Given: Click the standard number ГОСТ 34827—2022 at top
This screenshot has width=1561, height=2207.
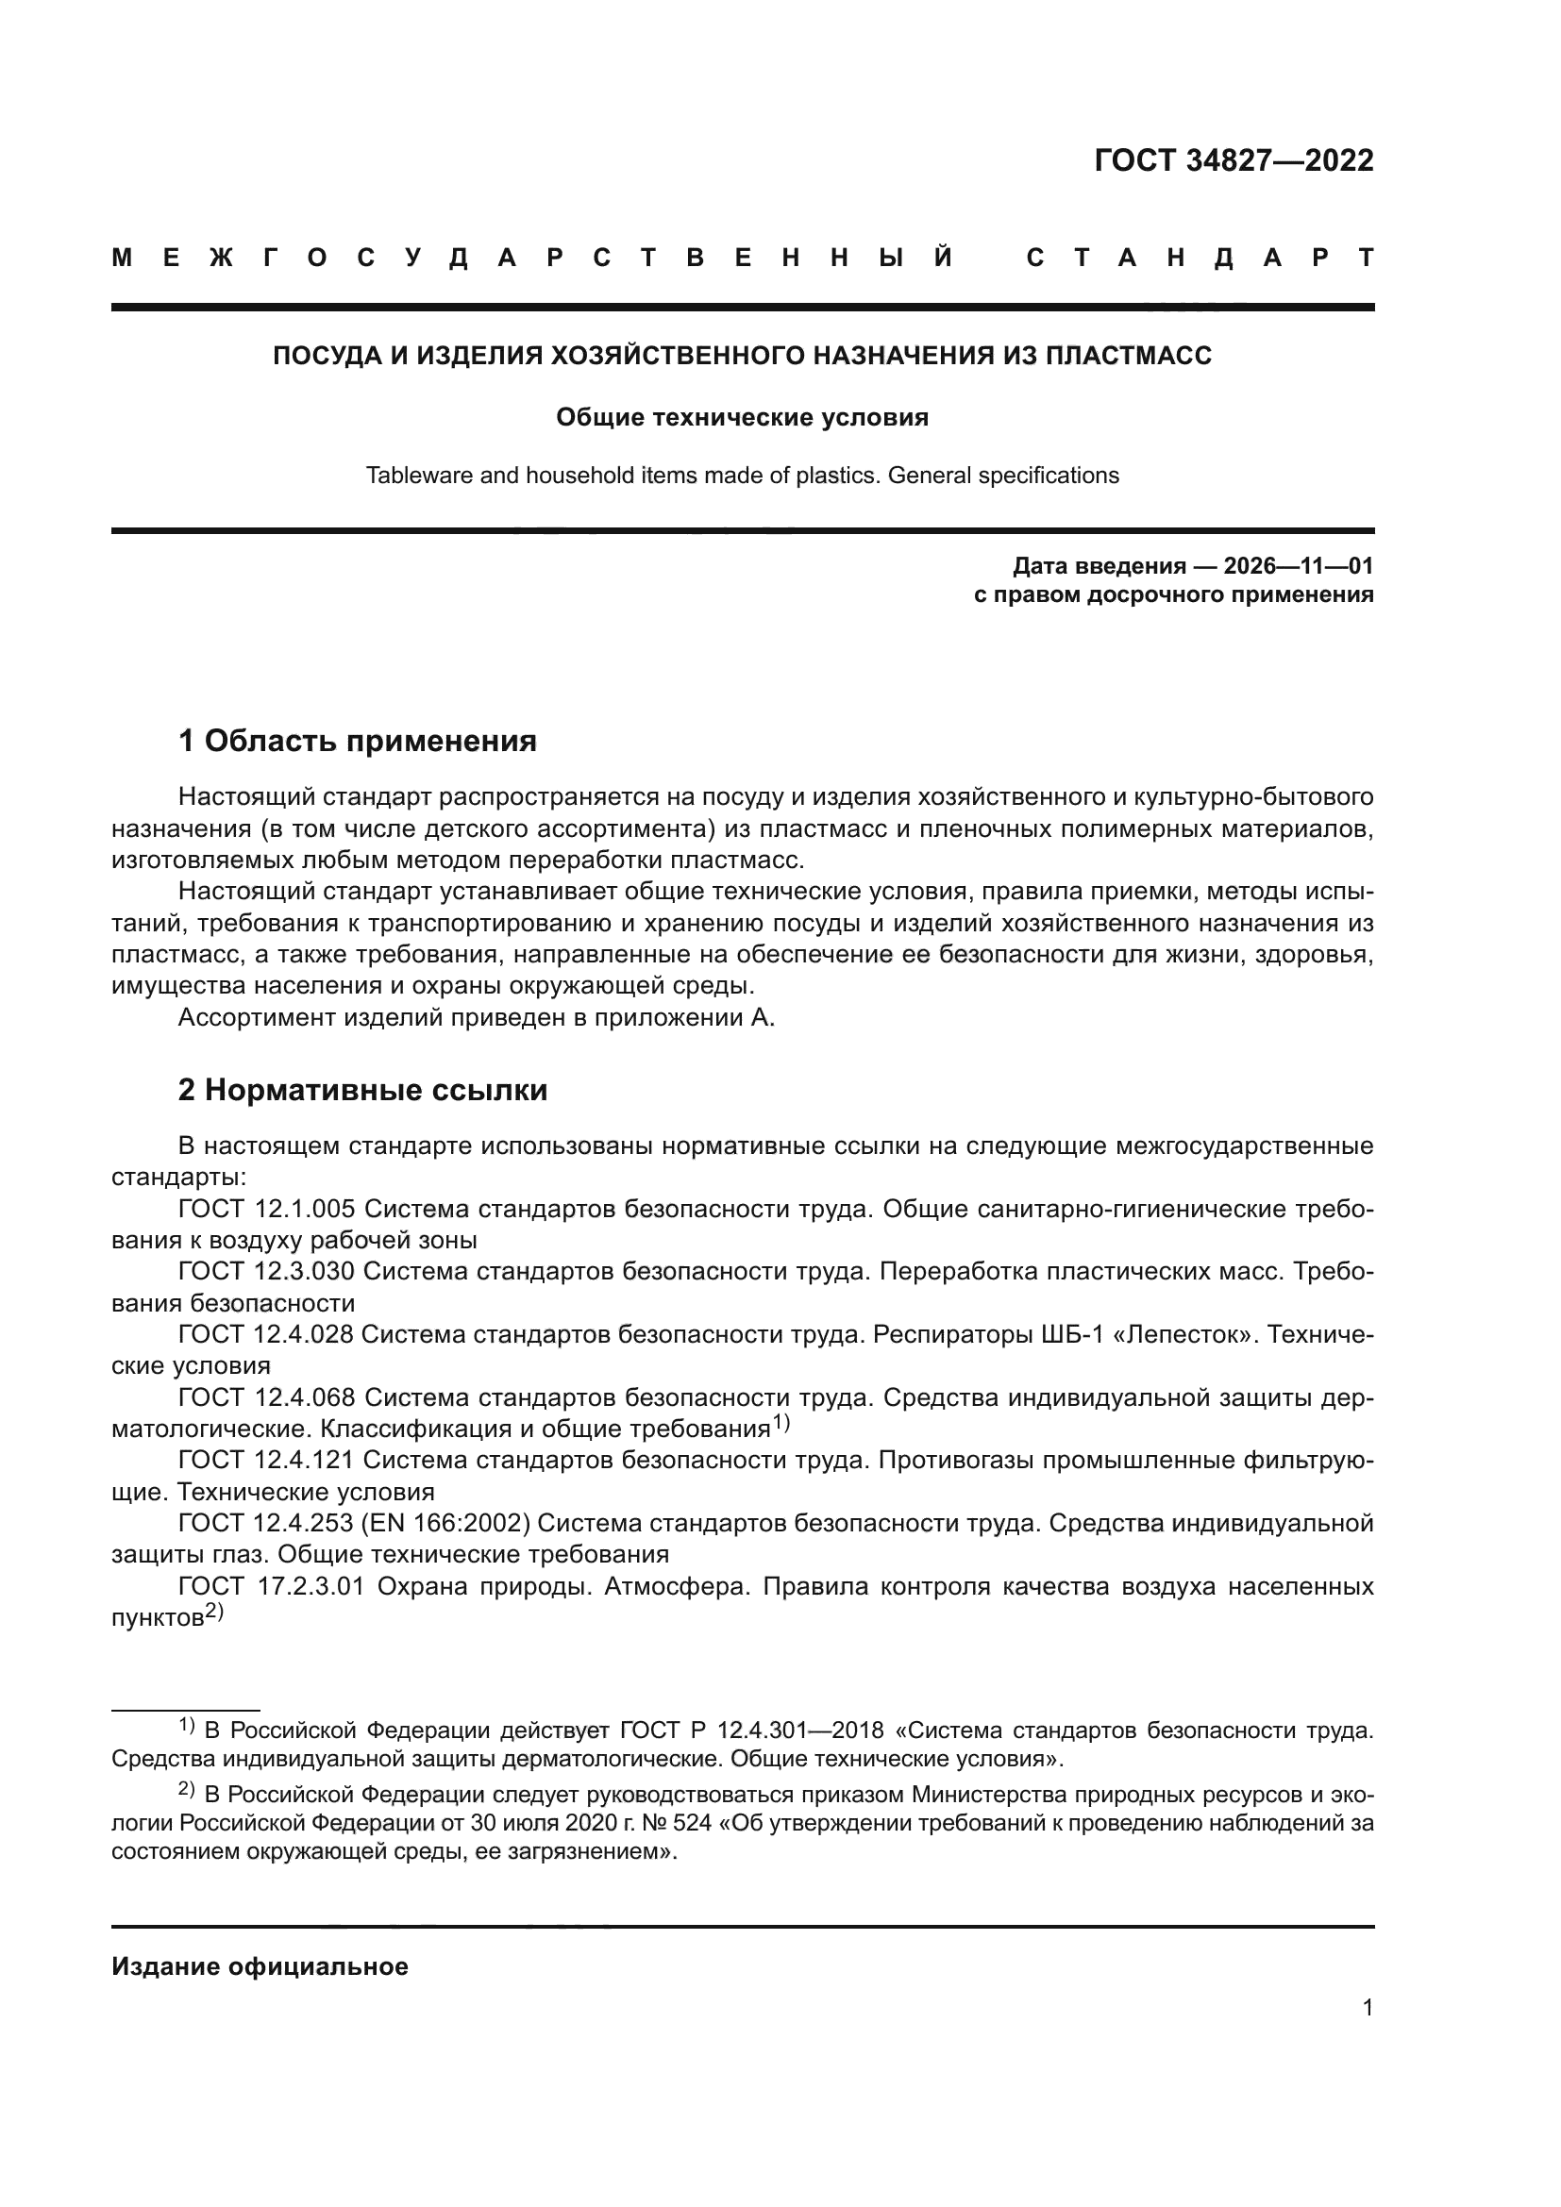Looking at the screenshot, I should pos(1234,160).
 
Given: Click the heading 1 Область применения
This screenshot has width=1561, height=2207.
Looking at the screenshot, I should pos(357,741).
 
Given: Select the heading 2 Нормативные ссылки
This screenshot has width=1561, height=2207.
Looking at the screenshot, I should pos(362,1090).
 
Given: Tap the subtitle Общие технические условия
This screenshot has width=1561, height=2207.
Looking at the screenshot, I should pos(742,417).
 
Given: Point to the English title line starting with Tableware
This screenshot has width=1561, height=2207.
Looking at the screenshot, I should pos(742,476).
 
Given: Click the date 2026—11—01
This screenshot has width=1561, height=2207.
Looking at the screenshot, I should pos(1298,565).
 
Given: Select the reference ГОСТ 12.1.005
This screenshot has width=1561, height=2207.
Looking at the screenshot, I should pos(266,1210).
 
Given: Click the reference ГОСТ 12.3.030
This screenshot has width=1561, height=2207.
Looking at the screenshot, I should pos(266,1272).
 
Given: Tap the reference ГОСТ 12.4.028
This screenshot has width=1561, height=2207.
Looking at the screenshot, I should pos(266,1334).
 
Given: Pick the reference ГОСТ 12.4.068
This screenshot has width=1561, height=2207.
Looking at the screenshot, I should pos(266,1397).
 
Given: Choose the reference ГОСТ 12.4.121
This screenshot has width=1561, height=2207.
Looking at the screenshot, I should pos(266,1460).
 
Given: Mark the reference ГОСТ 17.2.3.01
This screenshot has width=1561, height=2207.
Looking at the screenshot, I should pos(271,1586).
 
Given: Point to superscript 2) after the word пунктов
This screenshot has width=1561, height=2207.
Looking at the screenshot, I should pos(213,1613).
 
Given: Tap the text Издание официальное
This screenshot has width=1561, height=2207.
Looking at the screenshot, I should pos(260,1966).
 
